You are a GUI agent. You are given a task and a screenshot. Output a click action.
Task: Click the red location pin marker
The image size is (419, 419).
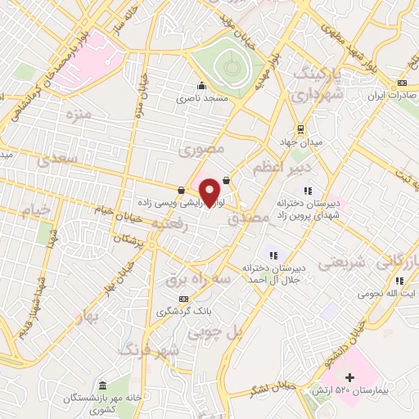[210, 191]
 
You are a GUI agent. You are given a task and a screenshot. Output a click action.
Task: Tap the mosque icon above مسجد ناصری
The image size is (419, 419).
[200, 84]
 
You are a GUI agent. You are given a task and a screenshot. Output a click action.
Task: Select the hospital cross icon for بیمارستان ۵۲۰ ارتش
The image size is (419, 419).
[350, 377]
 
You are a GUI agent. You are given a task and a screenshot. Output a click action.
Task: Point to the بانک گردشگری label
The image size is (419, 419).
[184, 312]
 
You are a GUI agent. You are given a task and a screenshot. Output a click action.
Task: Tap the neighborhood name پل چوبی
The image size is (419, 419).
[215, 333]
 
